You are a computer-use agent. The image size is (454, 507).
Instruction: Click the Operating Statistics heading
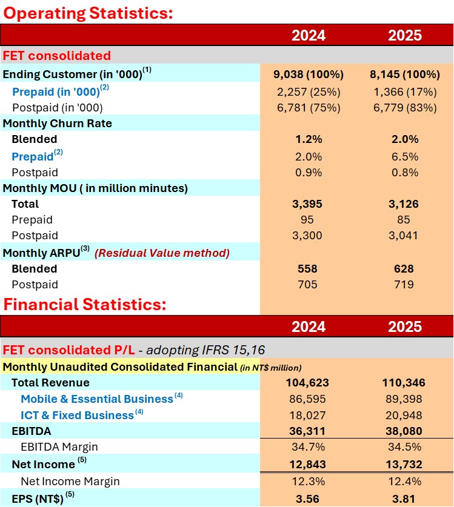[88, 12]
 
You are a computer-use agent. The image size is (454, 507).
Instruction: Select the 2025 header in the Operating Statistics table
[404, 35]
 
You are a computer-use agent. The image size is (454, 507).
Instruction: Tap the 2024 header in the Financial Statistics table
[309, 326]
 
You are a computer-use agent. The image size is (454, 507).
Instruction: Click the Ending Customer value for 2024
[309, 75]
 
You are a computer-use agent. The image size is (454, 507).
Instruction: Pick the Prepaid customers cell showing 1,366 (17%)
[404, 91]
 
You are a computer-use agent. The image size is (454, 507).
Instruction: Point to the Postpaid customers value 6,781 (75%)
[309, 108]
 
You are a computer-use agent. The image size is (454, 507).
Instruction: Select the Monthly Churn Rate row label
[58, 124]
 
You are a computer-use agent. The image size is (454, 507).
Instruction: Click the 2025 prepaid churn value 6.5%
[404, 156]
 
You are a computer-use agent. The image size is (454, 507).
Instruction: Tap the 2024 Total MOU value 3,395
[309, 204]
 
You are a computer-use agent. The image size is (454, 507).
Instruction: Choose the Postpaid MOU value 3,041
[404, 236]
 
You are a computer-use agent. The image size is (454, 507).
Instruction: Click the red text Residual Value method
[162, 253]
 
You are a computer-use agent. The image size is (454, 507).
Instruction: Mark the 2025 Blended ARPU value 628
[404, 269]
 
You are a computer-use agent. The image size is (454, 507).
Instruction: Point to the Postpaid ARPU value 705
[309, 285]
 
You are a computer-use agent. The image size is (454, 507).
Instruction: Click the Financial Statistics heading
[84, 304]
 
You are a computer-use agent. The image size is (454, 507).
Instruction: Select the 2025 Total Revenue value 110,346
[404, 383]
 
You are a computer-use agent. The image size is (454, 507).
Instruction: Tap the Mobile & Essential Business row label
[97, 399]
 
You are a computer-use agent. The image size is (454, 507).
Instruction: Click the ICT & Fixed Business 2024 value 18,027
[309, 415]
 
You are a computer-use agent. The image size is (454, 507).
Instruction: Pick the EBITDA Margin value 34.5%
[404, 447]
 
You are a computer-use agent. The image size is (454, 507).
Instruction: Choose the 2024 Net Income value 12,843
[309, 464]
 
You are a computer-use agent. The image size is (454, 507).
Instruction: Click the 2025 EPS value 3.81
[404, 499]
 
